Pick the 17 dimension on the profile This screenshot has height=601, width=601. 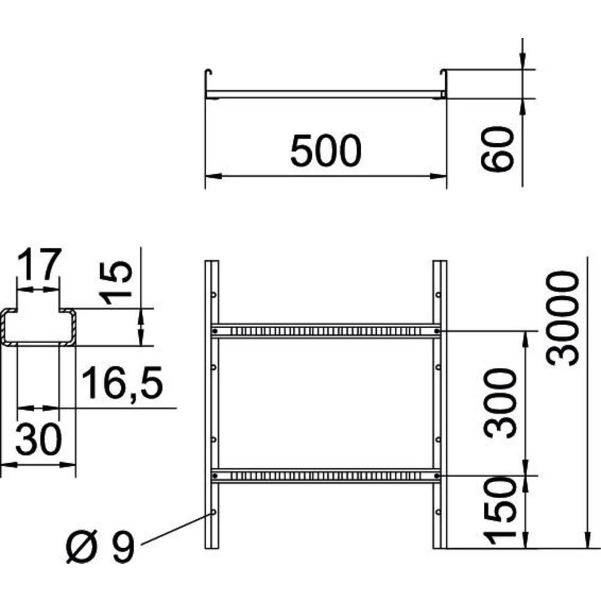click(x=39, y=265)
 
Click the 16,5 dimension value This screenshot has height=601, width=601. click(x=123, y=383)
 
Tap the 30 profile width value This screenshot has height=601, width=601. click(x=38, y=441)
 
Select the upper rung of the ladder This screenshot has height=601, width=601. click(x=325, y=331)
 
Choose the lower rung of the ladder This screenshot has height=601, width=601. click(x=325, y=475)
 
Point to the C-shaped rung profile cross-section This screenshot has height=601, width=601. click(x=38, y=328)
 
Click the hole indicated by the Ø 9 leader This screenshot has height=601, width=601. click(x=213, y=512)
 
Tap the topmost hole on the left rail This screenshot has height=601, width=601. click(x=213, y=294)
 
